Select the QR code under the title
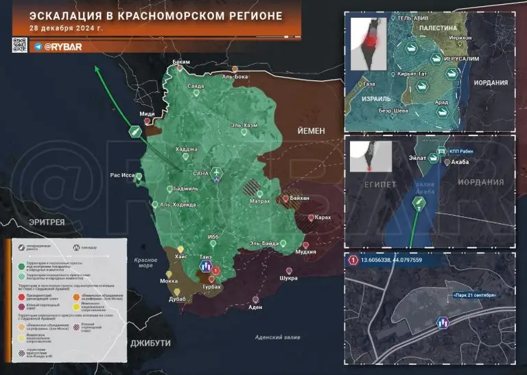coord(19,45)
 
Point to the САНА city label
coord(201,173)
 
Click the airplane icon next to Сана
coord(219,170)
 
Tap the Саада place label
coord(196,87)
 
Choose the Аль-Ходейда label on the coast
coord(178,205)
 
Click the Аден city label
coord(255,307)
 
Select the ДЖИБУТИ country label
coord(150,341)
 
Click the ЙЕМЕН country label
coord(311,130)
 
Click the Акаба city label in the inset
coord(462,163)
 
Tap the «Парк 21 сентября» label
coord(473,295)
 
